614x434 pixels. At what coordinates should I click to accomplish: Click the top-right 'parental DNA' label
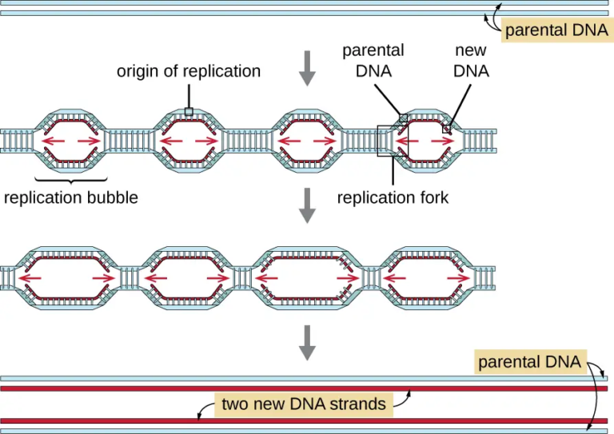point(556,30)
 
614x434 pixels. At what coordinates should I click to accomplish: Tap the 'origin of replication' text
point(189,71)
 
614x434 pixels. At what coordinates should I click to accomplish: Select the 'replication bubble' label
point(71,197)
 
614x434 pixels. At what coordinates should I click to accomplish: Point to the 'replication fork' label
point(393,197)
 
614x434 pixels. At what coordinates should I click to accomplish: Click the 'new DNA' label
point(471,61)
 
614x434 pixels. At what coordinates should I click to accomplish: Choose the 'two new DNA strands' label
point(303,404)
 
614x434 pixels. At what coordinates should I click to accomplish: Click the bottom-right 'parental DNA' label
point(529,362)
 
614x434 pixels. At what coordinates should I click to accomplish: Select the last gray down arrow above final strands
point(307,341)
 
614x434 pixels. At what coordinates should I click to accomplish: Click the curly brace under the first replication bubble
point(71,177)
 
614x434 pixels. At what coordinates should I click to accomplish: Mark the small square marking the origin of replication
point(189,112)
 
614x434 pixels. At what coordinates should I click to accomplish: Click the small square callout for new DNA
point(447,127)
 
